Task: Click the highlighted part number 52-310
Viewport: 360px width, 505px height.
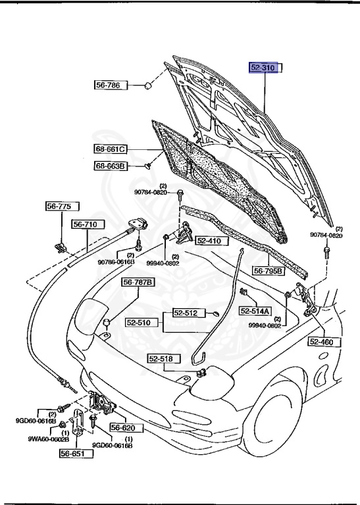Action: click(x=265, y=67)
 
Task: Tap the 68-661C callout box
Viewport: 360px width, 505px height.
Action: click(x=109, y=149)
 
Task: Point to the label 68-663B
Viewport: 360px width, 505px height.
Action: click(x=109, y=166)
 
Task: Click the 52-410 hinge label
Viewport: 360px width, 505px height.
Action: click(x=211, y=241)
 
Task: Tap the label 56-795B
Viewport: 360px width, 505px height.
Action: click(x=269, y=270)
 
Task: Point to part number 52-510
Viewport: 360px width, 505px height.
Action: click(x=139, y=323)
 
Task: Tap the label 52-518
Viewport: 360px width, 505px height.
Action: click(x=161, y=358)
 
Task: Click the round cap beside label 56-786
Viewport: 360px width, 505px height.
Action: click(x=149, y=86)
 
